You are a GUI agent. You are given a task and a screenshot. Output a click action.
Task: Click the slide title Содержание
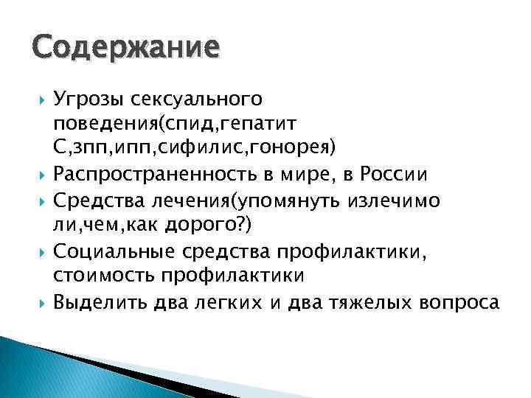(124, 49)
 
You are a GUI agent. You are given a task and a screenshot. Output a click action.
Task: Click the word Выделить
(100, 301)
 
